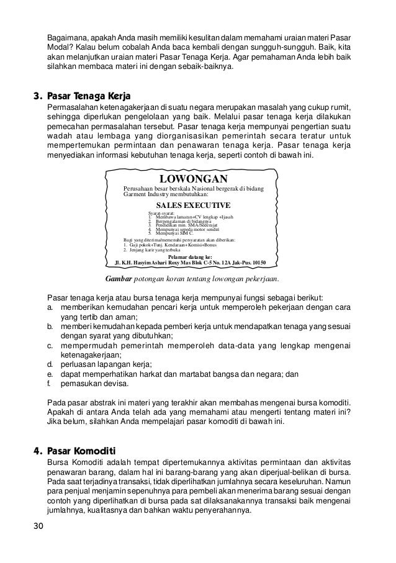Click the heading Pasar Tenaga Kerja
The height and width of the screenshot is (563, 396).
88,96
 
